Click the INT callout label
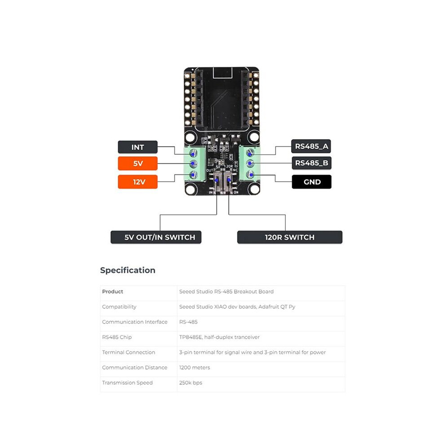138,147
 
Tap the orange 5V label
138,163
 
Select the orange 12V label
138,182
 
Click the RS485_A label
311,147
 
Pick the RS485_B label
311,163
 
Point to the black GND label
311,182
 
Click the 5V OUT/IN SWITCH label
156,237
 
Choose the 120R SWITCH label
289,237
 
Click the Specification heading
128,270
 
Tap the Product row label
113,291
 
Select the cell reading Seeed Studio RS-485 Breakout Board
227,291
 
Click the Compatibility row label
119,307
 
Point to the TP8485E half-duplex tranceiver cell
219,337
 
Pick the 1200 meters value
194,368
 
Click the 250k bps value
191,383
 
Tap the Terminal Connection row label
129,352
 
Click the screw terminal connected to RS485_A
250,153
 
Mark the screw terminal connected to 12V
193,174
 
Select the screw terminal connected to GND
250,174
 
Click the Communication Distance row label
134,368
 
